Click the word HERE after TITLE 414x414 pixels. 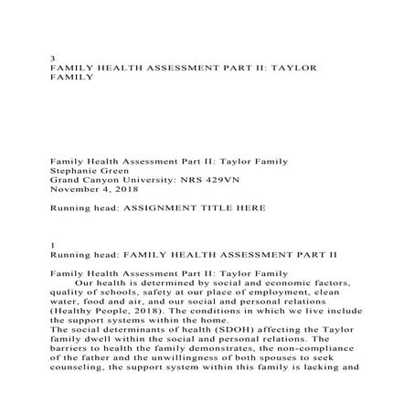click(x=249, y=207)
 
